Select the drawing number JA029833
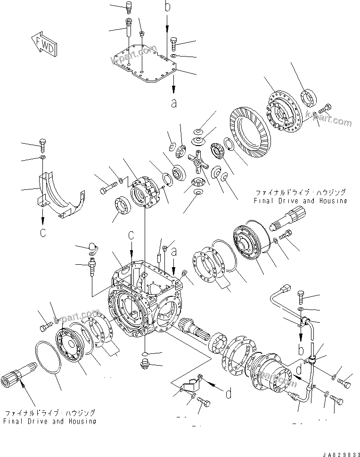point(338,454)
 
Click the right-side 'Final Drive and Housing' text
point(300,196)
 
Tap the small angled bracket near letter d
point(190,384)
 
